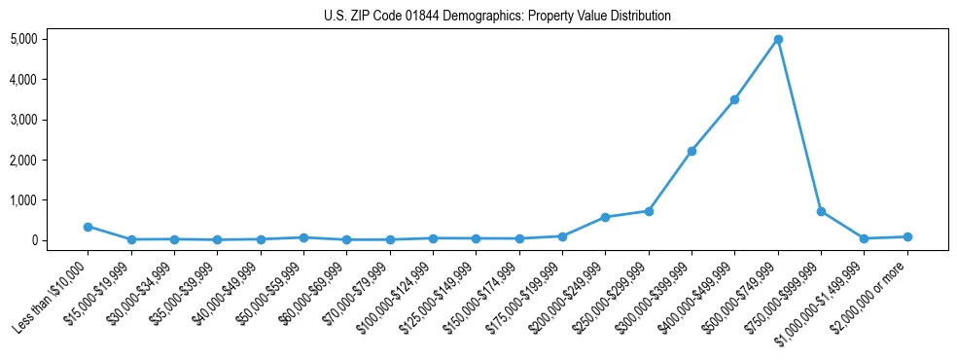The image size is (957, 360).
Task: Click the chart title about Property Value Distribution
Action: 497,16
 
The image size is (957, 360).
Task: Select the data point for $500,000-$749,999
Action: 778,40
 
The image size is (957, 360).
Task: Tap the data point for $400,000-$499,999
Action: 734,99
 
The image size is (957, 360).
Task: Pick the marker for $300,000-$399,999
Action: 691,151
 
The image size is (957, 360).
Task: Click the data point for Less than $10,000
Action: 88,227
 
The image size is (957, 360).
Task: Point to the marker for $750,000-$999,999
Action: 821,211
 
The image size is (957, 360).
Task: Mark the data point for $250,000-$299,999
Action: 649,211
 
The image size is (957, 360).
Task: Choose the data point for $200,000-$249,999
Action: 605,217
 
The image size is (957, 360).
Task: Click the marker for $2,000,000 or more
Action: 907,236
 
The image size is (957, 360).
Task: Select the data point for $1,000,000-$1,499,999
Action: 864,238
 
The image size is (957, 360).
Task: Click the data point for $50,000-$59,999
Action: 303,237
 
